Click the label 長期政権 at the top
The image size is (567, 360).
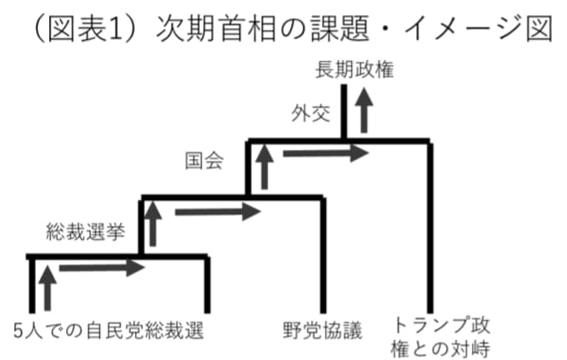(x=354, y=70)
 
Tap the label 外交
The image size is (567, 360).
(x=311, y=113)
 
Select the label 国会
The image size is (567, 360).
(x=204, y=161)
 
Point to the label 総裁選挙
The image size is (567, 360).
(x=86, y=232)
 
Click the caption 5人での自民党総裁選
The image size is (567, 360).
(x=109, y=330)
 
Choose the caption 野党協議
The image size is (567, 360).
(x=323, y=330)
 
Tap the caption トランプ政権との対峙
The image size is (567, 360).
(x=440, y=336)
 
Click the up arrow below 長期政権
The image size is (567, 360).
(x=364, y=110)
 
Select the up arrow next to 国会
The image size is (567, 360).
(x=264, y=167)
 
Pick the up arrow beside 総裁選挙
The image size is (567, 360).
(x=153, y=223)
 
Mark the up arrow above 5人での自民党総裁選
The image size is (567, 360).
(x=48, y=288)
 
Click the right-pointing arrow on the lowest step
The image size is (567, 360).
(x=102, y=267)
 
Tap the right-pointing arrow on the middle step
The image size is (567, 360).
(x=218, y=212)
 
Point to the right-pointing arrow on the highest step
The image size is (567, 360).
(x=325, y=153)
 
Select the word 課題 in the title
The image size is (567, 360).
(x=341, y=28)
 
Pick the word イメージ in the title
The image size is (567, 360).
(x=463, y=28)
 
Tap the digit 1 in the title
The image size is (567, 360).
(x=116, y=28)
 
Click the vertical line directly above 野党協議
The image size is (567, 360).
(x=324, y=255)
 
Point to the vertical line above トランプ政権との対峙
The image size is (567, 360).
(x=430, y=227)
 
